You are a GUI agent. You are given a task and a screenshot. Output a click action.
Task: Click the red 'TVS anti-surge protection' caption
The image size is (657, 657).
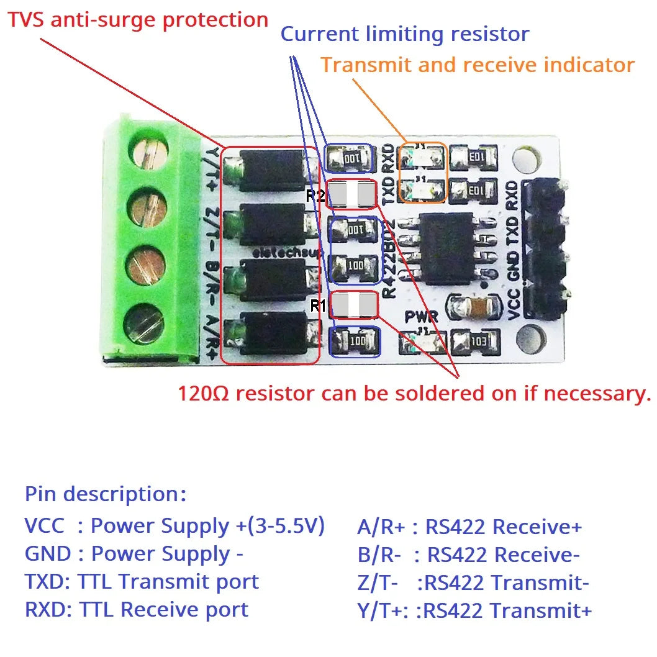(137, 20)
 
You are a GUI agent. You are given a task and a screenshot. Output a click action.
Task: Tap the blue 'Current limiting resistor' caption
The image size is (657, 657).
(405, 34)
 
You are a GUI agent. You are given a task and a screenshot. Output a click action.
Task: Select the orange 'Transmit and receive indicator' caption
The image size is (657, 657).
(478, 65)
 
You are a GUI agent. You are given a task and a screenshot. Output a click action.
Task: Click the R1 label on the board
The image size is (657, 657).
(318, 306)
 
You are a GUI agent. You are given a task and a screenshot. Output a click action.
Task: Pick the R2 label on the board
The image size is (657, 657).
(315, 196)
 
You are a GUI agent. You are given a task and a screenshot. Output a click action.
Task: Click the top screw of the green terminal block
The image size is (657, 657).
(149, 153)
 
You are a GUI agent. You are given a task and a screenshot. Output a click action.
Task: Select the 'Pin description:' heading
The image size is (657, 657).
(106, 494)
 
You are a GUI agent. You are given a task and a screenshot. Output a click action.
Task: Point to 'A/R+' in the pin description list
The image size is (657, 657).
(381, 527)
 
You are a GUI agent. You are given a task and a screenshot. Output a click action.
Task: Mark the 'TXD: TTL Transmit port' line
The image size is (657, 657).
(142, 582)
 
